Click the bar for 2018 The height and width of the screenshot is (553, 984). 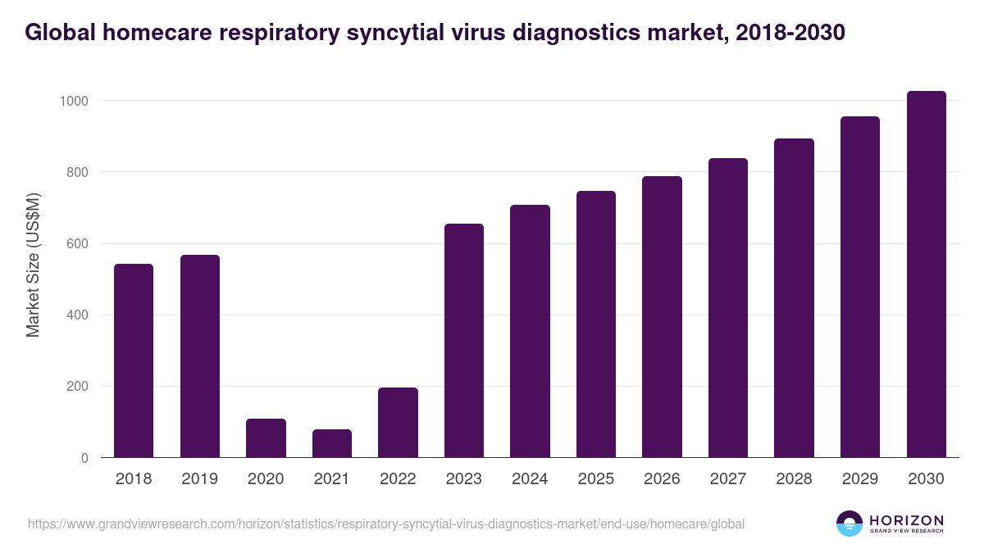pyautogui.click(x=134, y=360)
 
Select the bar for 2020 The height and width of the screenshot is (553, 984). pyautogui.click(x=266, y=438)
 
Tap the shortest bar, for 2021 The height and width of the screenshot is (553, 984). pyautogui.click(x=332, y=443)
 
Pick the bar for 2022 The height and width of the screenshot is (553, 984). pyautogui.click(x=398, y=423)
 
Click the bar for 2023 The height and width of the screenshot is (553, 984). pyautogui.click(x=464, y=341)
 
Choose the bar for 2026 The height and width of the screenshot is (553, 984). pyautogui.click(x=662, y=317)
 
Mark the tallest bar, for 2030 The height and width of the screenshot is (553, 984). pyautogui.click(x=926, y=274)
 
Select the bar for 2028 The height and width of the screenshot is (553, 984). pyautogui.click(x=794, y=298)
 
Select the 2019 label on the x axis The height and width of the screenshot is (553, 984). pyautogui.click(x=199, y=479)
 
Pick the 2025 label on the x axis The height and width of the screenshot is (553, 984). pyautogui.click(x=595, y=479)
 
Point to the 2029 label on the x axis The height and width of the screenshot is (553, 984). pyautogui.click(x=859, y=479)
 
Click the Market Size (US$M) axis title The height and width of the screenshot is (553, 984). pyautogui.click(x=33, y=264)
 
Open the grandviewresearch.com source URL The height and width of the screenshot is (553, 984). pyautogui.click(x=386, y=524)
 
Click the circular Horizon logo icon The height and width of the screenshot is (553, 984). pyautogui.click(x=849, y=524)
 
